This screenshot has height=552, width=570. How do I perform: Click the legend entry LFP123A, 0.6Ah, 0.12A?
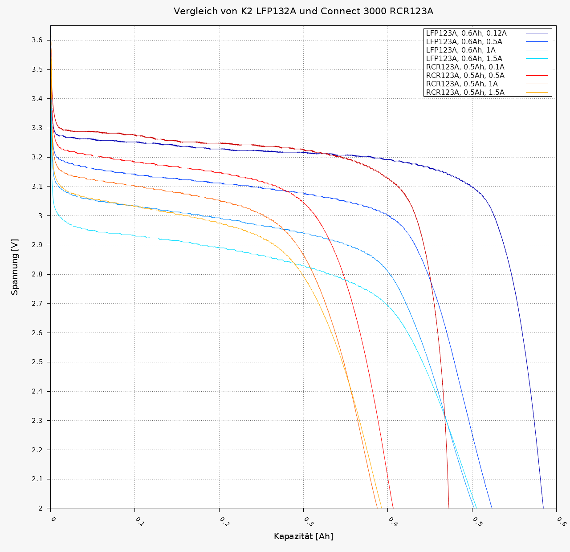point(466,33)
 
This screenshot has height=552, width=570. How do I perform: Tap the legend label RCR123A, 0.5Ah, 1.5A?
point(465,93)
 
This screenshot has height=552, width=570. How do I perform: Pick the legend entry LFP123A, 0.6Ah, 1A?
point(461,50)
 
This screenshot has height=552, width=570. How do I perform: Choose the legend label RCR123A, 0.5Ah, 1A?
point(462,84)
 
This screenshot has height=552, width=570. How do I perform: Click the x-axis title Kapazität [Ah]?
point(303,536)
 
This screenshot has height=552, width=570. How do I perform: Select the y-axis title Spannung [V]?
point(15,267)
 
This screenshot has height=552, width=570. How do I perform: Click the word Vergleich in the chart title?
point(192,11)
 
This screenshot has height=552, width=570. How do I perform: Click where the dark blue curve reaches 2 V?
point(543,507)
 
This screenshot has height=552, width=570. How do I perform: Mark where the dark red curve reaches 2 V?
point(449,507)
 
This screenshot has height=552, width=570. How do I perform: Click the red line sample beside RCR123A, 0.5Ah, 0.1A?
point(537,67)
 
